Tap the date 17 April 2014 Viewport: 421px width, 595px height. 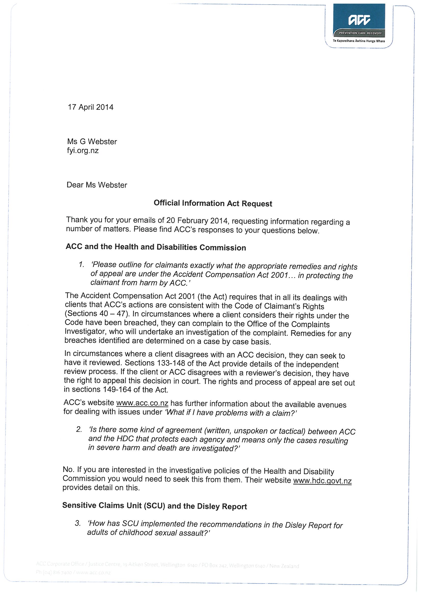(x=90, y=107)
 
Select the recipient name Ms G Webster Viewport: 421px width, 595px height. (x=92, y=141)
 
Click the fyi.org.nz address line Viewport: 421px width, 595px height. (x=83, y=151)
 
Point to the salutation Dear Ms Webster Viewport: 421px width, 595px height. (x=97, y=185)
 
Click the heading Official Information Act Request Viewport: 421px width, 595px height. (x=213, y=203)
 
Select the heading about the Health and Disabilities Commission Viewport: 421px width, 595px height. (x=156, y=247)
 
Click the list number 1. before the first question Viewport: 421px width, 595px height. (x=82, y=265)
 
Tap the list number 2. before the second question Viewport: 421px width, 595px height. (x=79, y=429)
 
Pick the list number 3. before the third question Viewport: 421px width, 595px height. (x=78, y=523)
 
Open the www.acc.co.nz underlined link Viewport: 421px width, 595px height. (x=142, y=403)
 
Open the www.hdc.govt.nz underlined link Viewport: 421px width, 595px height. (x=322, y=481)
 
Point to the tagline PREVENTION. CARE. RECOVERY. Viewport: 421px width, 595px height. (x=359, y=33)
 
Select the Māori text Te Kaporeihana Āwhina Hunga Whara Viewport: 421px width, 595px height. (x=359, y=41)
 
